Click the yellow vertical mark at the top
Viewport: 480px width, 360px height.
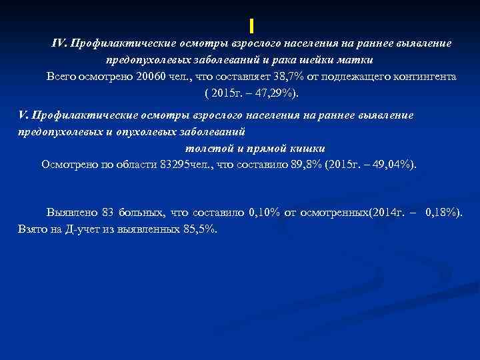pyautogui.click(x=252, y=26)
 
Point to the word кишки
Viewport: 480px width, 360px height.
pyautogui.click(x=307, y=148)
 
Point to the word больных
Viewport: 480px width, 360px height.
pyautogui.click(x=142, y=213)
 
